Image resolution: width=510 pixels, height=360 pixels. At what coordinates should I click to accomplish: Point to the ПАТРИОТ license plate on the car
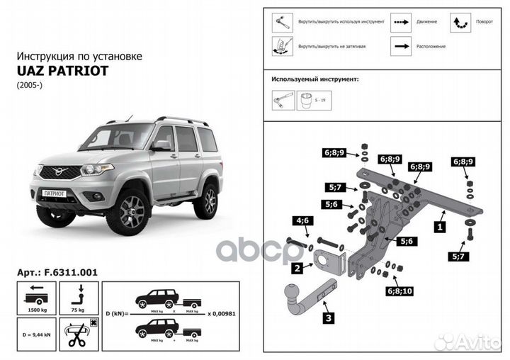click(x=55, y=193)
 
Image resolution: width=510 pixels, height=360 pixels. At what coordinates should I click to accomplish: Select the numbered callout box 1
click(x=440, y=228)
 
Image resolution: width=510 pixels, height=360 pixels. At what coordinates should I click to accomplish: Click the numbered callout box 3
click(x=328, y=319)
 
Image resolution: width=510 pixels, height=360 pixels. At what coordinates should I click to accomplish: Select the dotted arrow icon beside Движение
click(x=401, y=22)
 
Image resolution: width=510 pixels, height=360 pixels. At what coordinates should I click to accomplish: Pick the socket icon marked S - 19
click(x=308, y=101)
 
